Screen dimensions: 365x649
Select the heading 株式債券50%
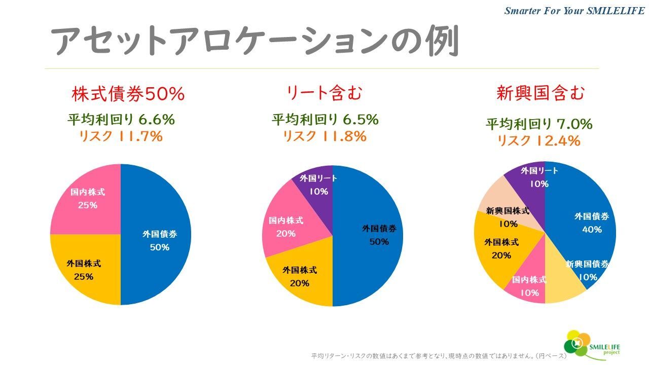pyautogui.click(x=128, y=94)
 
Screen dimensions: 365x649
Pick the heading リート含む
pyautogui.click(x=324, y=93)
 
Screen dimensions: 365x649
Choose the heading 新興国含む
pyautogui.click(x=540, y=93)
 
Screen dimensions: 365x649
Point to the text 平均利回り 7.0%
pyautogui.click(x=539, y=124)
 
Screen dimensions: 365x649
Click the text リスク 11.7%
pyautogui.click(x=121, y=136)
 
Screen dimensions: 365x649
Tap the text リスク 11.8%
pyautogui.click(x=324, y=136)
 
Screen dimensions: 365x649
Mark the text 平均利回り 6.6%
pyautogui.click(x=121, y=120)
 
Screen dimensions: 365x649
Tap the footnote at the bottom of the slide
pyautogui.click(x=439, y=356)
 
